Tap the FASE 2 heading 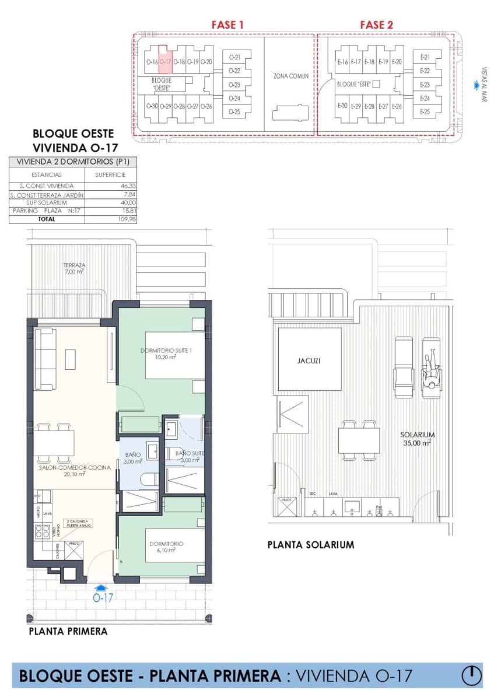click(x=376, y=24)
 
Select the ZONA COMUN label click(x=290, y=76)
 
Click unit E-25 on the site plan click(x=425, y=111)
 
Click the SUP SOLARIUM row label click(x=47, y=202)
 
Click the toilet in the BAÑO click(x=149, y=480)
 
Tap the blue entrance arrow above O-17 click(x=101, y=589)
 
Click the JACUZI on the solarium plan click(x=309, y=360)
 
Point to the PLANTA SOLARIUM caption click(x=310, y=545)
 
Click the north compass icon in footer click(x=471, y=675)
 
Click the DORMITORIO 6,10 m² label click(x=166, y=547)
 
